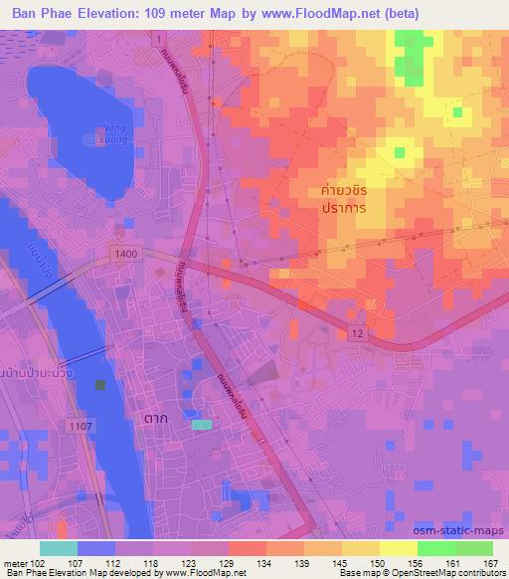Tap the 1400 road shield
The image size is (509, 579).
pos(126,255)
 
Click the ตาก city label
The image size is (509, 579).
pos(155,419)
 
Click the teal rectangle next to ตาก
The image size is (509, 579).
pos(202,425)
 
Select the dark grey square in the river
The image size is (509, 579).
pos(98,385)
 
